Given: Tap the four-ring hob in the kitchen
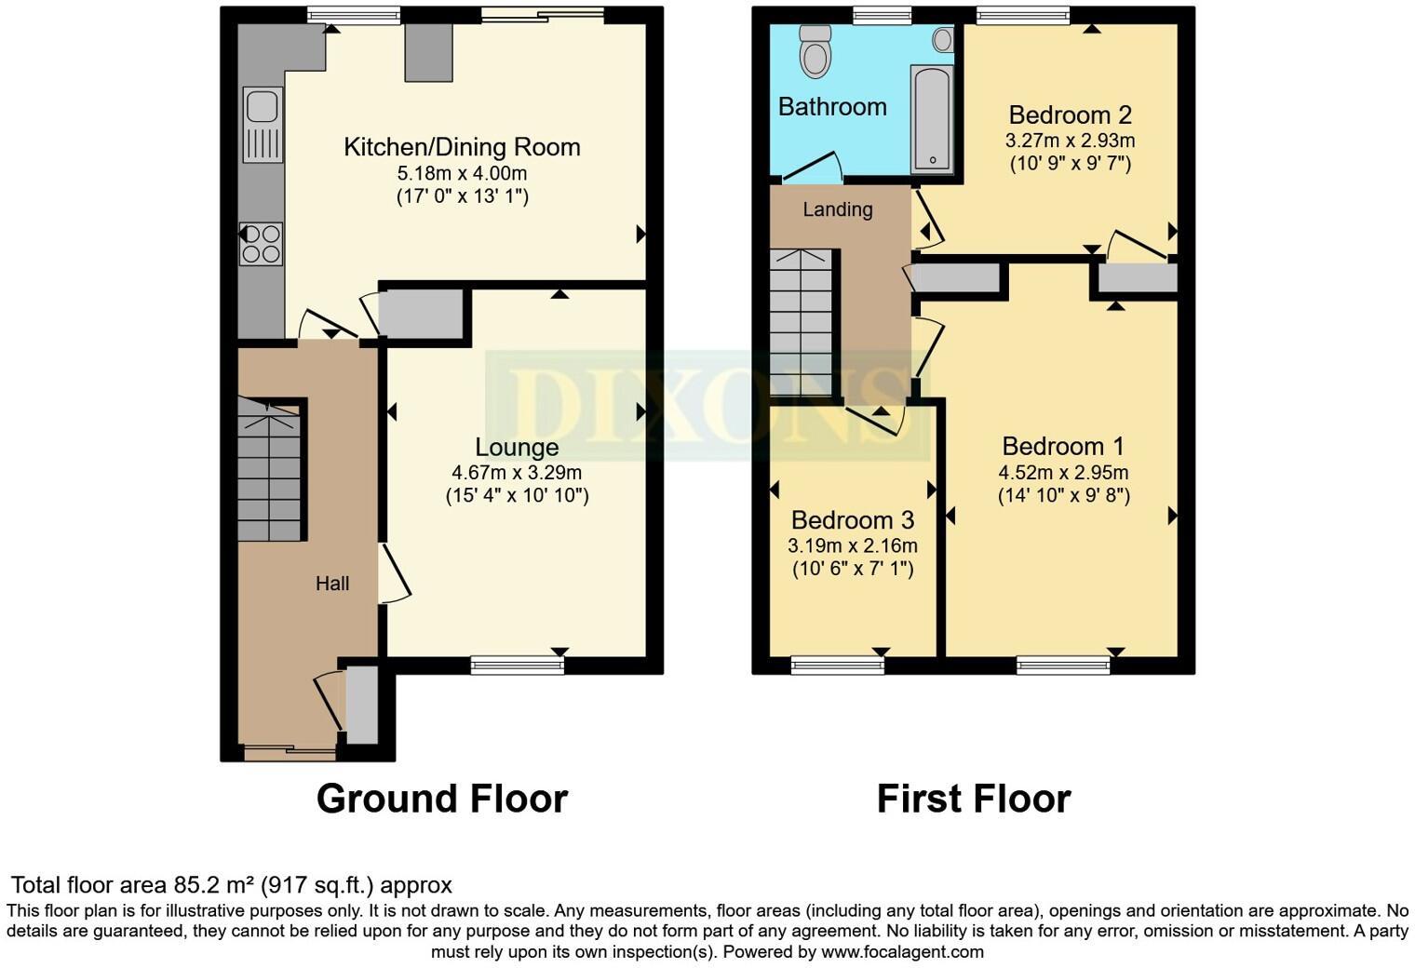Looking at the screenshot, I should (262, 244).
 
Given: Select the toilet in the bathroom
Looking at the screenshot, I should (815, 52).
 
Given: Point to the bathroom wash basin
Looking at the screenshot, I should (943, 40).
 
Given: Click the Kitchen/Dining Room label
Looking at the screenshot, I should (462, 147).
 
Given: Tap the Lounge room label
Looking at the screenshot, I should (517, 448).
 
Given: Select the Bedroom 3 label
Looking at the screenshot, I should (853, 519).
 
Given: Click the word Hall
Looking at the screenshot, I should (332, 584).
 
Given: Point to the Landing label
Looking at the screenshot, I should (838, 209).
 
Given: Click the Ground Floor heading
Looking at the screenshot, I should (442, 799).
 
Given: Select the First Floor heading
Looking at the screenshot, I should (974, 799).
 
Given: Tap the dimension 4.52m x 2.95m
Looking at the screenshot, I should (1063, 472).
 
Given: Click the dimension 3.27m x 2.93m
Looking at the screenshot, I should (1070, 141).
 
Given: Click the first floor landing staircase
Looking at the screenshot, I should (802, 322).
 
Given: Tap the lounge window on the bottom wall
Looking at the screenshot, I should (518, 665).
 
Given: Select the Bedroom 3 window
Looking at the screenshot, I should (838, 665).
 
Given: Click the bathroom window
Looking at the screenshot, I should (883, 15).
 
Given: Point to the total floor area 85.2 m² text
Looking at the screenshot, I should (231, 885).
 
